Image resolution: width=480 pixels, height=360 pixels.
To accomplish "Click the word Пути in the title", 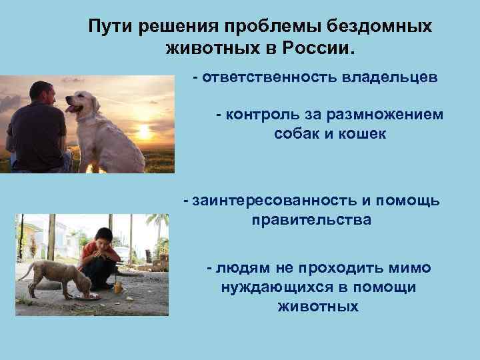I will pyautogui.click(x=111, y=26).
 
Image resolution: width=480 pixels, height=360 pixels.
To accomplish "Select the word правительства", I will pyautogui.click(x=311, y=219).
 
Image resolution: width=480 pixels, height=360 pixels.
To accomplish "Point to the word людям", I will pyautogui.click(x=244, y=267).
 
